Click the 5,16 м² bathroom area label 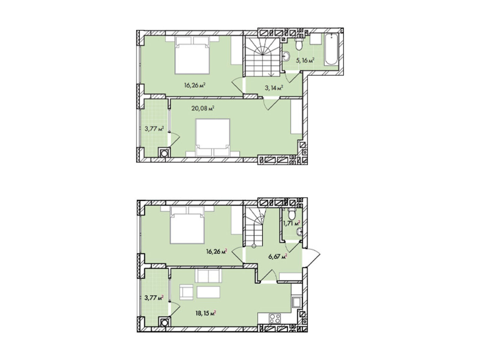click(305, 60)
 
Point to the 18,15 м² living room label click(206, 313)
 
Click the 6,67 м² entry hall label click(277, 256)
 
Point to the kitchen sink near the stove click(297, 303)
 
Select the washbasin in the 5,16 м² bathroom click(286, 56)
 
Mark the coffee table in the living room click(208, 292)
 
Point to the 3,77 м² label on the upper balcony click(154, 128)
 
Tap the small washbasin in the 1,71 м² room click(299, 231)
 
